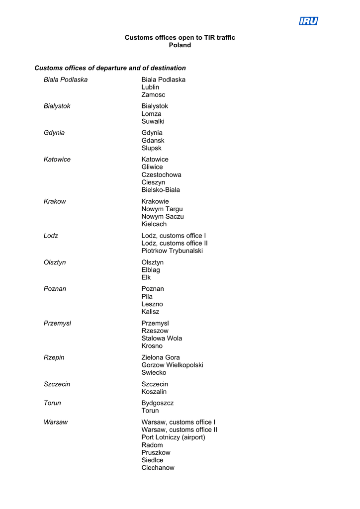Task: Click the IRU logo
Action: point(308,21)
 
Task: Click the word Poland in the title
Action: point(180,45)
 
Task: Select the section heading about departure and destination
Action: point(110,68)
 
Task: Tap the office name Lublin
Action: point(150,87)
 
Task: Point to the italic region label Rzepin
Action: point(54,357)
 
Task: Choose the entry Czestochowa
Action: point(161,174)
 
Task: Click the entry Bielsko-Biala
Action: point(161,190)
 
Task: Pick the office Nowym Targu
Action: point(162,209)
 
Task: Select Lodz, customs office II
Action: point(175,243)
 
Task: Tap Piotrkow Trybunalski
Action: point(172,251)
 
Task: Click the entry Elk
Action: point(146,277)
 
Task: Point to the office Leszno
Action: point(152,304)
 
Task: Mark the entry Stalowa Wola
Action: point(162,338)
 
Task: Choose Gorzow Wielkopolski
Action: point(172,365)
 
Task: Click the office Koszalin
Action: point(154,392)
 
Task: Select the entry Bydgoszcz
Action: point(157,403)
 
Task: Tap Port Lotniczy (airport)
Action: point(173,437)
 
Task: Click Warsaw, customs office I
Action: point(179,422)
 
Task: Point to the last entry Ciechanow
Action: point(158,468)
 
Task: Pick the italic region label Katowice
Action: point(57,159)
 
